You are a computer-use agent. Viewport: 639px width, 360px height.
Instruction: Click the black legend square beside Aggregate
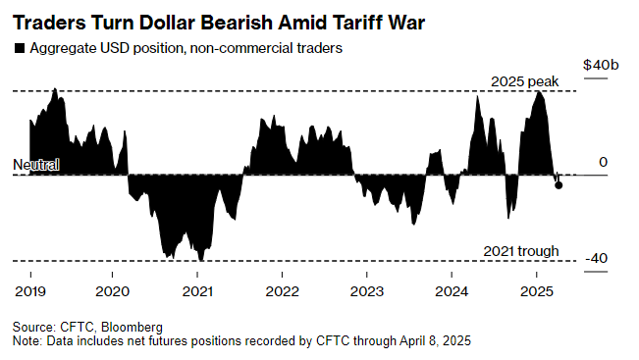(20, 48)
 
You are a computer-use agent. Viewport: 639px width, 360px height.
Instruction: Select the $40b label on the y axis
(601, 65)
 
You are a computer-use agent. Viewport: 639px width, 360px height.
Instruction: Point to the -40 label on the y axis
(596, 258)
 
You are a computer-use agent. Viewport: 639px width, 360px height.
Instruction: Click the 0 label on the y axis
(603, 162)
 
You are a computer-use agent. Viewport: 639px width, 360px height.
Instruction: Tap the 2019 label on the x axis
(30, 291)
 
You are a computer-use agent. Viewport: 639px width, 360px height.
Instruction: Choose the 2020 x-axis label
(113, 291)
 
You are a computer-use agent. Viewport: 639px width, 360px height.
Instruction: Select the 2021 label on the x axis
(197, 291)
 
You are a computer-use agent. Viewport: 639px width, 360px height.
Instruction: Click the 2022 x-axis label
(283, 291)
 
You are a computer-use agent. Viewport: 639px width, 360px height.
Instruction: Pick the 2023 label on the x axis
(367, 291)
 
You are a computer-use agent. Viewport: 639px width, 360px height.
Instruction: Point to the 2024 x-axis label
(452, 291)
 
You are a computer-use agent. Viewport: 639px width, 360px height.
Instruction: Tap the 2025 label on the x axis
(537, 291)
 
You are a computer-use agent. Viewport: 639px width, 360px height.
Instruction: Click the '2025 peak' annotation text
(524, 81)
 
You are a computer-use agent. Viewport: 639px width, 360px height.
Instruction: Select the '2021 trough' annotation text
(521, 251)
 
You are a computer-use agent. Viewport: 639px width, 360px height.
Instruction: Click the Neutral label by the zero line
(36, 165)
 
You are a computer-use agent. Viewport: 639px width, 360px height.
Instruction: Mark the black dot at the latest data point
(559, 185)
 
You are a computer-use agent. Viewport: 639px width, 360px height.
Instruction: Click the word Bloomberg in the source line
(132, 327)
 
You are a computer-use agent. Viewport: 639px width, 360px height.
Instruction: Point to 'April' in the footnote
(413, 340)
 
